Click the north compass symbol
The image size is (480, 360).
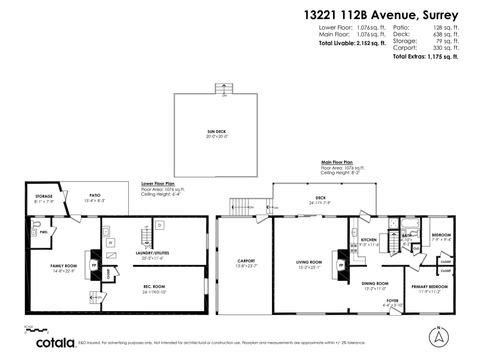point(438,337)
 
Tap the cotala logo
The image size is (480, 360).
point(56,343)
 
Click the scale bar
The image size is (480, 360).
point(36,330)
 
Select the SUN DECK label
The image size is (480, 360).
point(217,132)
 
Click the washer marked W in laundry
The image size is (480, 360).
point(110,242)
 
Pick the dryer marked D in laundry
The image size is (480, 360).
point(159,225)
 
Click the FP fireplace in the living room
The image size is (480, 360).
point(341,265)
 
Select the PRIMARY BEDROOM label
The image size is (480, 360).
point(430,286)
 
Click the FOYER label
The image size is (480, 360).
point(392,300)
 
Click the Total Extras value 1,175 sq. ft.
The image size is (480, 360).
point(443,56)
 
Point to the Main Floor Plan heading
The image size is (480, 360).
point(337,162)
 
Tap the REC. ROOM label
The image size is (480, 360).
point(154,286)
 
